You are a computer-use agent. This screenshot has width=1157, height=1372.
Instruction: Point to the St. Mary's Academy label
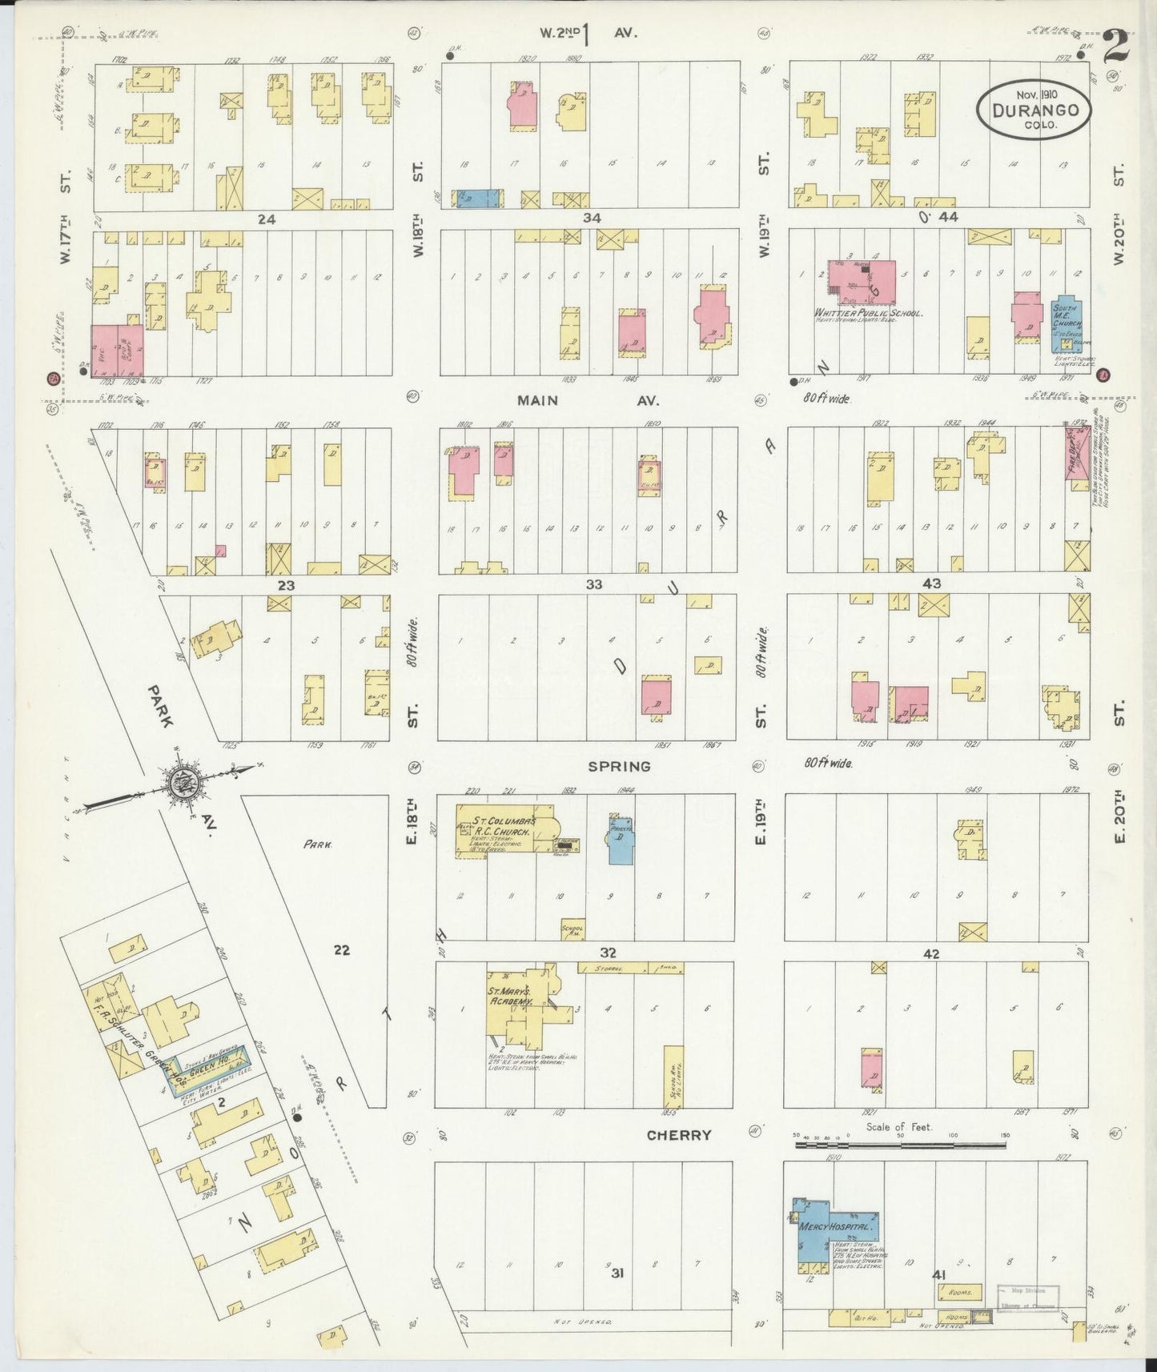(510, 996)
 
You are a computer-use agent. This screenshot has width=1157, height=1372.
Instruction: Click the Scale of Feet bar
(901, 1145)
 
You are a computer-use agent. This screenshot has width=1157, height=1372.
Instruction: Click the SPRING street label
(619, 766)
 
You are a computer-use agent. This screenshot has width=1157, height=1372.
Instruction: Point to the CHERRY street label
(678, 1135)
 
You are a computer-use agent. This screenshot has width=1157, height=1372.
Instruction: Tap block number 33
(593, 584)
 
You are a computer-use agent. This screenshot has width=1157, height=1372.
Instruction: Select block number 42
(930, 954)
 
